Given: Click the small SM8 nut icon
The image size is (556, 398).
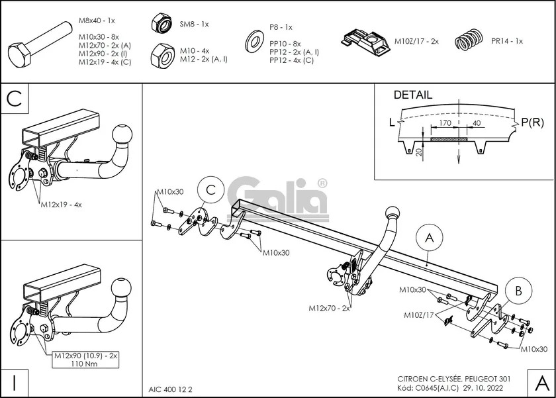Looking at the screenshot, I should (x=161, y=25).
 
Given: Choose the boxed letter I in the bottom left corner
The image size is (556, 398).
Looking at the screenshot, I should (x=15, y=382).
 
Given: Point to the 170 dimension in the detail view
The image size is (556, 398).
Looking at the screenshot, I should (x=445, y=123).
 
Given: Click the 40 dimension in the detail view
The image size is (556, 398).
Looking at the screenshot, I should (x=477, y=123).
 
